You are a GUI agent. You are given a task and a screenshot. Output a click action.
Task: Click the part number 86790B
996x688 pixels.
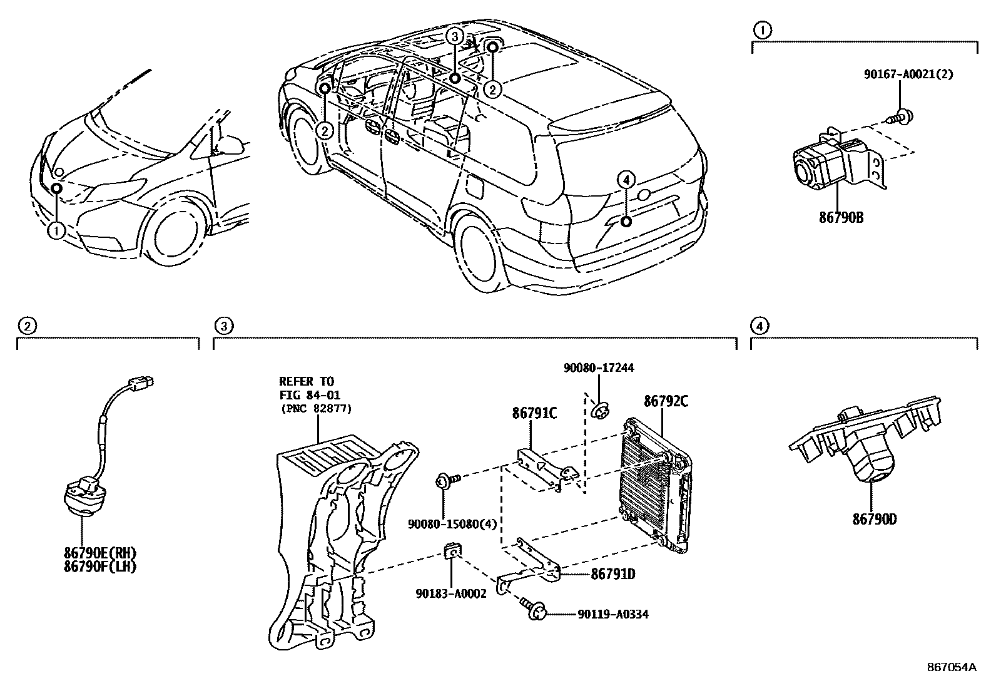[x=841, y=218]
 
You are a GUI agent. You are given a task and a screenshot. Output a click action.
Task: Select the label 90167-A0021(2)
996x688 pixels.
[x=908, y=74]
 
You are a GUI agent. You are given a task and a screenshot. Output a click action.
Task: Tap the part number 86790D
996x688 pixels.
[x=874, y=519]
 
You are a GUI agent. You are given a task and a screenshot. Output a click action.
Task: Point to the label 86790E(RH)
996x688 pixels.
[x=100, y=553]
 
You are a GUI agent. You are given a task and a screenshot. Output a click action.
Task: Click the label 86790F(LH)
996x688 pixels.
[x=100, y=567]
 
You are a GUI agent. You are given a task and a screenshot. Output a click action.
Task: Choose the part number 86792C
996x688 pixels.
[x=666, y=401]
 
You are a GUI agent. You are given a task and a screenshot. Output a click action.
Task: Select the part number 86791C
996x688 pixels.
[x=534, y=413]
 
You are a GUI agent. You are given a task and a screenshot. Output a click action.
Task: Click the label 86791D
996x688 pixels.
[x=612, y=574]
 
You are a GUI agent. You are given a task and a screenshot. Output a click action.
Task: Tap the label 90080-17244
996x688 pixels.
[x=599, y=367]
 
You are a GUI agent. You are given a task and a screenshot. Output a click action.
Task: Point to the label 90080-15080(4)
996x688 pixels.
[x=452, y=524]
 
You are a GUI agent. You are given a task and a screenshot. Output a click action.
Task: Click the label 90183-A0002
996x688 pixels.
[x=451, y=593]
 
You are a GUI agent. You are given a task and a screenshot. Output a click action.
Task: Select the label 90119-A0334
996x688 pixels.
[x=613, y=614]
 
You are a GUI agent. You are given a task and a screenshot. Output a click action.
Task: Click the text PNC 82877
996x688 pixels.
[x=316, y=408]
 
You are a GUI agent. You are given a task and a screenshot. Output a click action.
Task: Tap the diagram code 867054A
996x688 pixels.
[x=952, y=667]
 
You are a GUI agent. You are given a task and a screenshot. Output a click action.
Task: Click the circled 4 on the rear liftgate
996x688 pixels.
[x=626, y=180]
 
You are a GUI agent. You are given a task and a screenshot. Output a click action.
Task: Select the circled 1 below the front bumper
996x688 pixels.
[x=56, y=231]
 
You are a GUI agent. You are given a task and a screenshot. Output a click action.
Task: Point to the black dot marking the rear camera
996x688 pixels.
[x=626, y=222]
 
